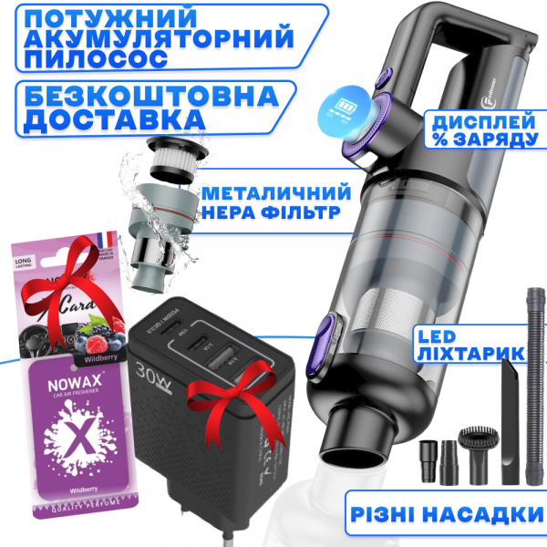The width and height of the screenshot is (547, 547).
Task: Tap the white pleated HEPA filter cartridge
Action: (x=174, y=154)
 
